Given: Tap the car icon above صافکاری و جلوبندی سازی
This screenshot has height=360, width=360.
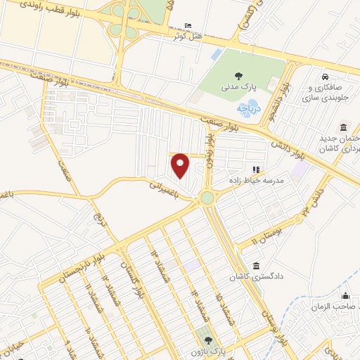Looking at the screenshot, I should point(324,77).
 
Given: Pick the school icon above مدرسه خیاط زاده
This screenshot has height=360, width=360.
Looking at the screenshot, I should point(256,169).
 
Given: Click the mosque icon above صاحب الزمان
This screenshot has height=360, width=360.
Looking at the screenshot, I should point(345,295).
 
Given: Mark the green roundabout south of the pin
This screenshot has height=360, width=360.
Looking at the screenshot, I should point(207,198).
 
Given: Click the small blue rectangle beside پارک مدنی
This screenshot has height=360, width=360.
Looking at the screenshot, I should point(216,54).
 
